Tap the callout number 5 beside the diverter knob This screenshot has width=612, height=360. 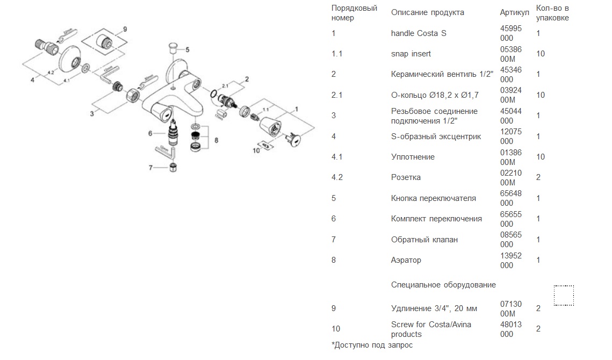click(187, 49)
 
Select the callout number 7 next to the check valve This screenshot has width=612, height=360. click(151, 168)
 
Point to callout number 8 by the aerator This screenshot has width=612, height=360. click(216, 140)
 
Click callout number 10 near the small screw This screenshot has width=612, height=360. click(256, 150)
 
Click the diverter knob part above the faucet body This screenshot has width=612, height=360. click(173, 46)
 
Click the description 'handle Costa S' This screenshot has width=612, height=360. click(419, 33)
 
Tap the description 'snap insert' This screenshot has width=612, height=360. click(411, 54)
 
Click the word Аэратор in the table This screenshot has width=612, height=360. click(406, 260)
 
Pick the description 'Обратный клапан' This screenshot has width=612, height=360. click(424, 240)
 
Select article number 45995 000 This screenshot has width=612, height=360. click(510, 33)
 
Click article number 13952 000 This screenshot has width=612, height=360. click(510, 260)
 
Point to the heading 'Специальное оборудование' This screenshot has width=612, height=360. click(443, 285)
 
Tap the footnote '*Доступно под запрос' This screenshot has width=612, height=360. click(372, 345)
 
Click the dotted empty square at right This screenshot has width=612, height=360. click(564, 296)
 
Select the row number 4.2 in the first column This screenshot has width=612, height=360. click(337, 177)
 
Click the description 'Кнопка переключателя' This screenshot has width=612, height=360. click(433, 198)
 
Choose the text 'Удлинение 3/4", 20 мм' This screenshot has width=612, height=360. click(434, 308)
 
